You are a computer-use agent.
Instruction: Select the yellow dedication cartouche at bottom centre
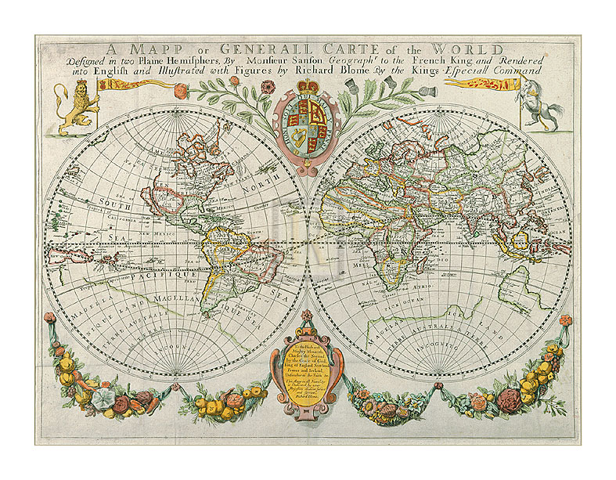(x=307, y=370)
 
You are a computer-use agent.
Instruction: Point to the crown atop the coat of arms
(x=308, y=83)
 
